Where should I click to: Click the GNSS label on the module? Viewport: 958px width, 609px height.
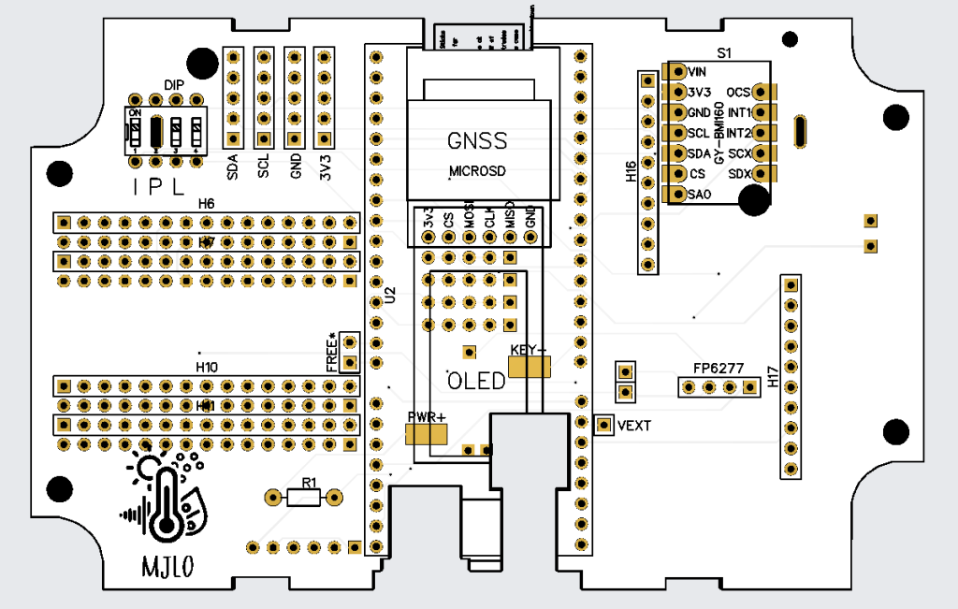point(477,141)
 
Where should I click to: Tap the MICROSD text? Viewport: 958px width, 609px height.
point(477,172)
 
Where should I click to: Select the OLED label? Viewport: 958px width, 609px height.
point(476,381)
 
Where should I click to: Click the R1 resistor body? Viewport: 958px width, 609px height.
point(301,497)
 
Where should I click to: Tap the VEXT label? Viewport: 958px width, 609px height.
point(633,425)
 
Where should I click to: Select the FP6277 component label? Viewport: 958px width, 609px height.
point(718,368)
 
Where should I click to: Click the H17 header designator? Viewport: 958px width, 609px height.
point(773,376)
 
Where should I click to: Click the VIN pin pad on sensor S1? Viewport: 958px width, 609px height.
point(674,71)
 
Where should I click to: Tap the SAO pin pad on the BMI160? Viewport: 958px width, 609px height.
point(674,195)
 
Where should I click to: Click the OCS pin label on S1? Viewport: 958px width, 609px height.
point(738,92)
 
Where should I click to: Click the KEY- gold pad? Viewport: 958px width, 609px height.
point(530,366)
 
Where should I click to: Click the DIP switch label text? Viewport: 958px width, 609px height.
point(174,85)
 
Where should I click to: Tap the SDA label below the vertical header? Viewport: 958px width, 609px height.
point(233,167)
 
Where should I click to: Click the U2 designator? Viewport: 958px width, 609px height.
point(390,297)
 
